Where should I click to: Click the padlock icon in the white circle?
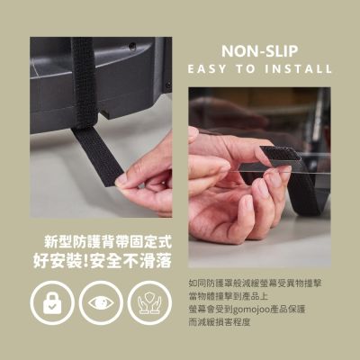[x=52, y=303]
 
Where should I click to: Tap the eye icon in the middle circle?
[x=101, y=302]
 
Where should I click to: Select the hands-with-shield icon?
[x=149, y=303]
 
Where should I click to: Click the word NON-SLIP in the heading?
[x=260, y=51]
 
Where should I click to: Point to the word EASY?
[x=207, y=69]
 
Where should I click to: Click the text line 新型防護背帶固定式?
[x=108, y=242]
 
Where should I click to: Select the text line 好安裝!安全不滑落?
[x=103, y=260]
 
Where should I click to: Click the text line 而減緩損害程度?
[x=220, y=322]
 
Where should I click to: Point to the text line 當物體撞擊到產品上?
[x=229, y=296]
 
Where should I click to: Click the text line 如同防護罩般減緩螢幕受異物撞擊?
[x=256, y=283]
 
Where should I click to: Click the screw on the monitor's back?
[x=132, y=47]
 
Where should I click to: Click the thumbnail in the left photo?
[x=121, y=179]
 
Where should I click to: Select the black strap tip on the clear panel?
[x=281, y=153]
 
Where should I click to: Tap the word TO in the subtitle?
[x=245, y=69]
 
